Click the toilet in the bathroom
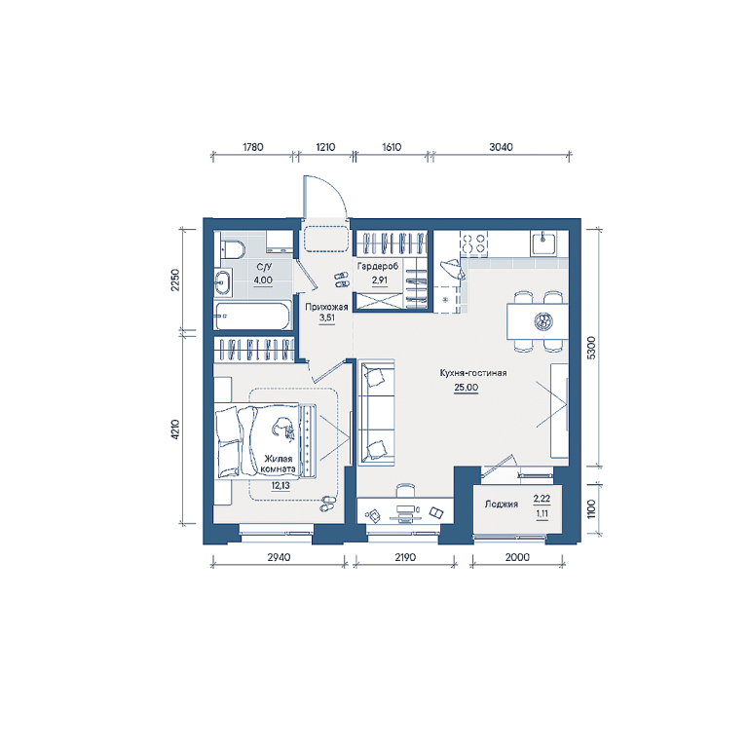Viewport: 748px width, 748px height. [233, 249]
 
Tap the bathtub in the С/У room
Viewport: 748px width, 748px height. [252, 316]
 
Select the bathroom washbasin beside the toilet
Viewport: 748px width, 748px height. [222, 281]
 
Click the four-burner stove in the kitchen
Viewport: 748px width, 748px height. [473, 243]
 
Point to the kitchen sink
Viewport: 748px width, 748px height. [542, 243]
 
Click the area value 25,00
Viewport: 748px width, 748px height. [466, 388]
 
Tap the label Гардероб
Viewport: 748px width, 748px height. [378, 267]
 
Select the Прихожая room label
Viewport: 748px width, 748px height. [327, 307]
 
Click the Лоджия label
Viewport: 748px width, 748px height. [502, 504]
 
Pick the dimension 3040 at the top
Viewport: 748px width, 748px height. [501, 147]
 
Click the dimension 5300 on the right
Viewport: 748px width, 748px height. [591, 348]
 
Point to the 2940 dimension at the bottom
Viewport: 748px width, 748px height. [279, 557]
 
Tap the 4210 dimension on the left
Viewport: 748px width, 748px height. [175, 429]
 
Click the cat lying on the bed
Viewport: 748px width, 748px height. [282, 427]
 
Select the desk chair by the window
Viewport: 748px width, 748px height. [405, 490]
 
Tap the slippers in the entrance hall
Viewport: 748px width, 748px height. [342, 280]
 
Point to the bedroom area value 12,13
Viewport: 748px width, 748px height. [280, 486]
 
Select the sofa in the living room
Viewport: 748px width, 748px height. [377, 413]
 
